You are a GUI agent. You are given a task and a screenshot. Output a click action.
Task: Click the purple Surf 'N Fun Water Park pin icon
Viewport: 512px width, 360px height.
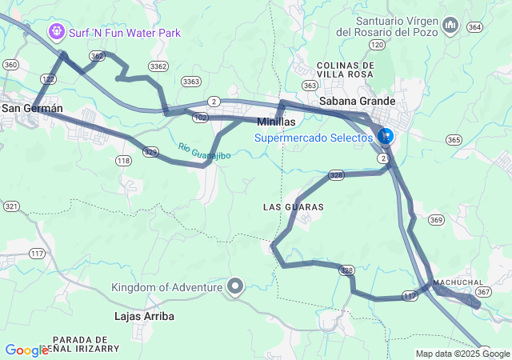click(57, 32)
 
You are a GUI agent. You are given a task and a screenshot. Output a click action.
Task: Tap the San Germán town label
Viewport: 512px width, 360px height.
click(32, 108)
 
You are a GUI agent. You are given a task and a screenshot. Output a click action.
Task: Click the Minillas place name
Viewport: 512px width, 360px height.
click(276, 122)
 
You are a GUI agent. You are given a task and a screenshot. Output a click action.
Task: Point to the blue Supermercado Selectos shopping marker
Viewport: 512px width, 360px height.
click(386, 137)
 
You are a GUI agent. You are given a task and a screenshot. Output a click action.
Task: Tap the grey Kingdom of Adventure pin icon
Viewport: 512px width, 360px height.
click(235, 286)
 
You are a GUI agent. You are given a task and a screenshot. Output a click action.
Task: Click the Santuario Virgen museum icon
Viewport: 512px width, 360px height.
click(450, 26)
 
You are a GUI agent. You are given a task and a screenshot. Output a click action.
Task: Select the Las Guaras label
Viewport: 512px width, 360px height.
click(293, 207)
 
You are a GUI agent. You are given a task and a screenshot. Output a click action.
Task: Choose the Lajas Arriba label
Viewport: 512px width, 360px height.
click(145, 316)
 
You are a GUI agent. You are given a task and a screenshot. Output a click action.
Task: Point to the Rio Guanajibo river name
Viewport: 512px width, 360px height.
click(205, 150)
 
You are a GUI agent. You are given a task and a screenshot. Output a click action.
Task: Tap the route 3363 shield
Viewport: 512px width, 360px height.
click(191, 81)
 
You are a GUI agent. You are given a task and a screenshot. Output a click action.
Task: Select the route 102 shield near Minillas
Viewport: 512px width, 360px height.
click(201, 118)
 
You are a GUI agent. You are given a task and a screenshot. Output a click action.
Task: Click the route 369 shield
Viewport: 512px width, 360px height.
click(436, 219)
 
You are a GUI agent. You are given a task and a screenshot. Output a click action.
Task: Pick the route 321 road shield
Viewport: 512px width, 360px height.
click(11, 206)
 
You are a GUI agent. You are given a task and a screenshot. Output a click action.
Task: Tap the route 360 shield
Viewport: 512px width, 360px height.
click(10, 64)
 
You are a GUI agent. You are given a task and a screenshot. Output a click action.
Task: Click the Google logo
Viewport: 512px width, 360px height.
click(26, 350)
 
